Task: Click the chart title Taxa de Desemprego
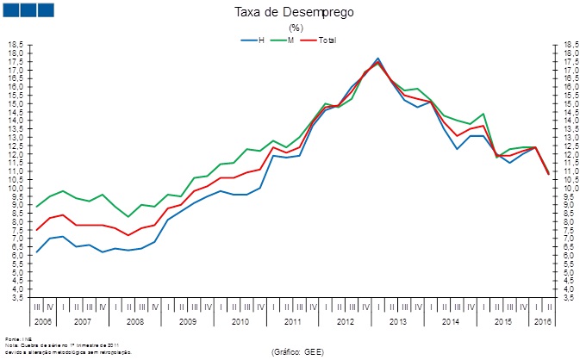click(x=294, y=12)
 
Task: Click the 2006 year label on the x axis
click(x=43, y=320)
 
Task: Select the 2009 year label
click(x=188, y=320)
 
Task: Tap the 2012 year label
click(x=346, y=320)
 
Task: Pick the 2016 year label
click(x=544, y=320)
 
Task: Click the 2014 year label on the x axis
click(x=451, y=320)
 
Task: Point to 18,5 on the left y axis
click(x=16, y=44)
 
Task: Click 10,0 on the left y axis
click(x=16, y=188)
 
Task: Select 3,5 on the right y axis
click(x=570, y=298)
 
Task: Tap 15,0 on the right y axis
click(x=570, y=103)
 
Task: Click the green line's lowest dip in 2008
click(x=128, y=216)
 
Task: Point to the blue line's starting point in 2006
click(x=36, y=252)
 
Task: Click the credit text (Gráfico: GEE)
click(x=297, y=352)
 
